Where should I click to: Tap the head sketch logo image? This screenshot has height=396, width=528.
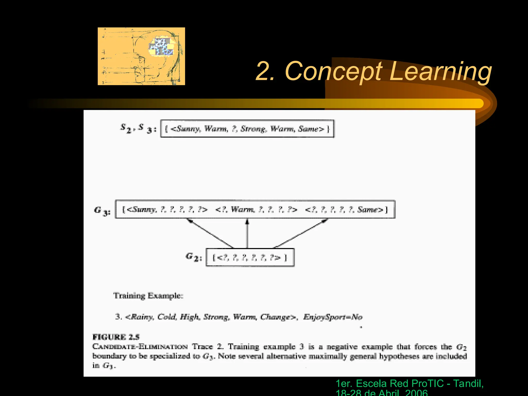(141, 56)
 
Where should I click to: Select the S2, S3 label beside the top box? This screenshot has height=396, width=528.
(138, 128)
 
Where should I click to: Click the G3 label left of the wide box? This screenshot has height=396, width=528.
(102, 211)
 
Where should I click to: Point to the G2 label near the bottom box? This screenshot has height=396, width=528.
(194, 257)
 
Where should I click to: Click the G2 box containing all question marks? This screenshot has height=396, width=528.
(250, 257)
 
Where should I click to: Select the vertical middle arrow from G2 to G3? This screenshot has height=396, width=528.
(247, 233)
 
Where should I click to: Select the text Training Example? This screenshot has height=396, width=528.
(148, 295)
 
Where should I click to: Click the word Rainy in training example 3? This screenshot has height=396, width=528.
(142, 317)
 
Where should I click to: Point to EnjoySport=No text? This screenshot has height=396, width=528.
(333, 317)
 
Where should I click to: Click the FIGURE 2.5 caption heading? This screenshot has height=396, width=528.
(116, 337)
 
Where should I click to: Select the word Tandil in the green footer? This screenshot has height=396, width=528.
(468, 383)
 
